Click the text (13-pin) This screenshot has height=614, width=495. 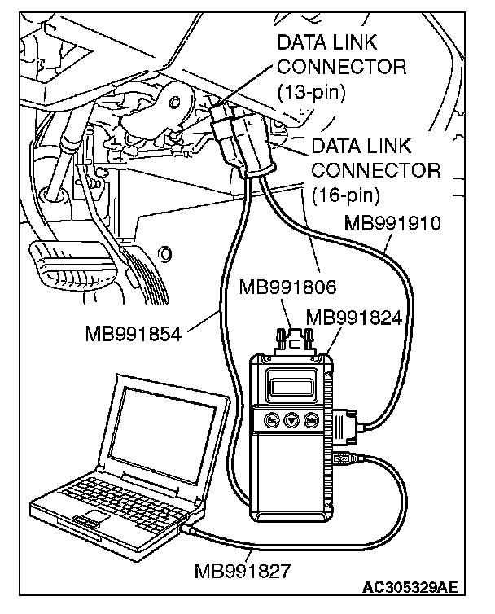pyautogui.click(x=311, y=90)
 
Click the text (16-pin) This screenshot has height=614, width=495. pyautogui.click(x=345, y=195)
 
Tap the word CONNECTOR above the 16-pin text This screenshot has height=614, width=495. pyautogui.click(x=375, y=171)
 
